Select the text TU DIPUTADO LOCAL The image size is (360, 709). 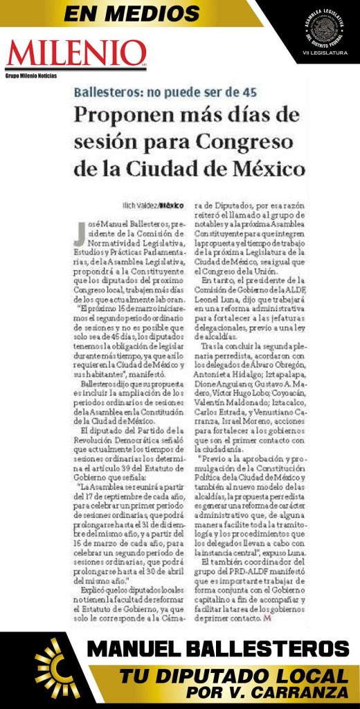point(232,676)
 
